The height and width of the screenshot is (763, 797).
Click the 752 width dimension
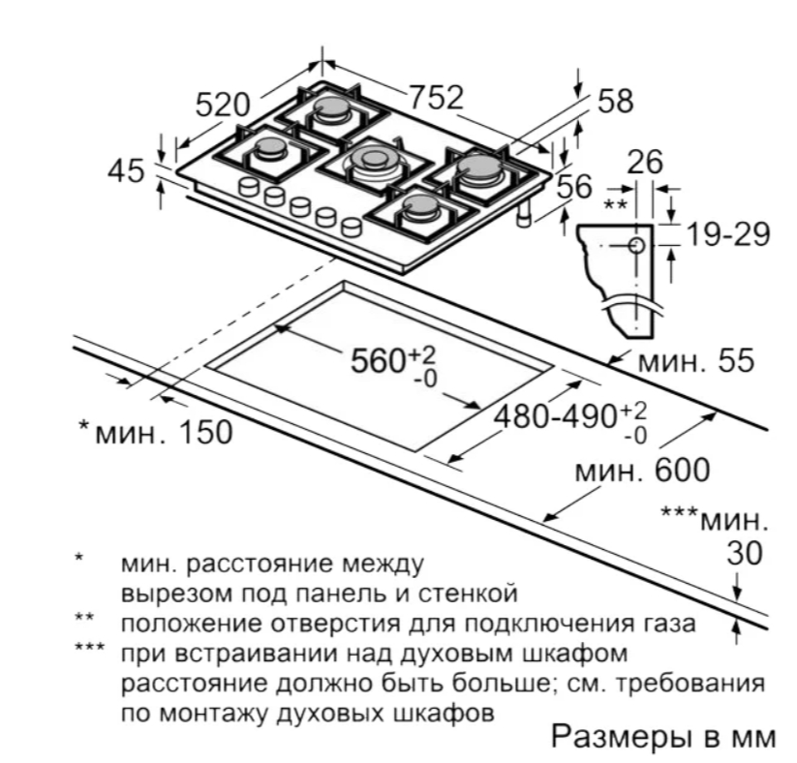click(x=436, y=97)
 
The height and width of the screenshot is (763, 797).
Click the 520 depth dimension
click(x=223, y=104)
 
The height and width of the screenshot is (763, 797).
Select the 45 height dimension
click(x=126, y=171)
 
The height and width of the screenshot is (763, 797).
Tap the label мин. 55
click(x=694, y=363)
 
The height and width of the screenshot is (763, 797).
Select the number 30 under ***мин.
click(x=745, y=554)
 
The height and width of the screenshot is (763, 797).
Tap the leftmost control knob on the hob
click(x=250, y=186)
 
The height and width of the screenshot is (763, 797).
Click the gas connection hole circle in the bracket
click(x=635, y=244)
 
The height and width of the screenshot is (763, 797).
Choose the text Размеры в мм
click(x=663, y=736)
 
